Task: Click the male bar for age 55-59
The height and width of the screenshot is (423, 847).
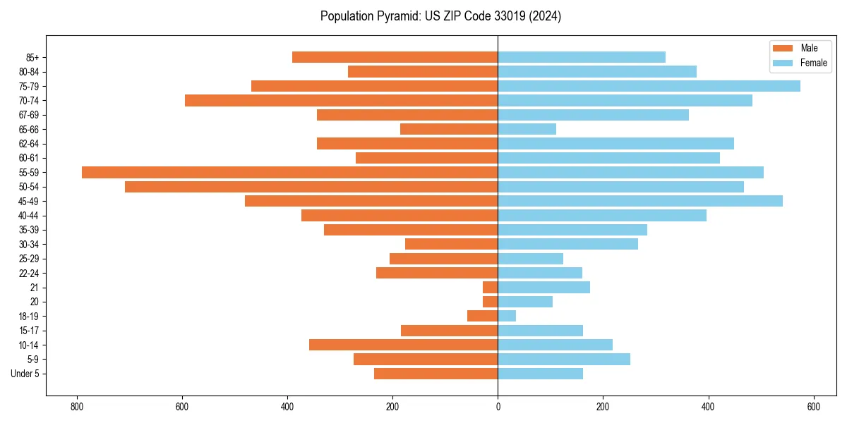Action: point(289,172)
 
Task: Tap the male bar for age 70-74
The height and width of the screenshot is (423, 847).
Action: point(341,100)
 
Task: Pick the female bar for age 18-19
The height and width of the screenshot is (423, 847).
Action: point(507,316)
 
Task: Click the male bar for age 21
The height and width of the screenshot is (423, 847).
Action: point(491,287)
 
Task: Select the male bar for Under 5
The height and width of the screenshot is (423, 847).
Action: point(435,374)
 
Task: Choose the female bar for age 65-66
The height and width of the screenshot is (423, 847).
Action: point(527,129)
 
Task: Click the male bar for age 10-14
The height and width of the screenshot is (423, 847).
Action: point(403,345)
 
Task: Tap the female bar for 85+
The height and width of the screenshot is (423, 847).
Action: point(582,57)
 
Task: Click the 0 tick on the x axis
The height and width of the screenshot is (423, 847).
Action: point(498,407)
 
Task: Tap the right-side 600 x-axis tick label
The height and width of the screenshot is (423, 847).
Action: point(813,407)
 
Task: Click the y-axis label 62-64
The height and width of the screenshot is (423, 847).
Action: point(29,144)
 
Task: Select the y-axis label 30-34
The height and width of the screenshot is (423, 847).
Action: point(29,245)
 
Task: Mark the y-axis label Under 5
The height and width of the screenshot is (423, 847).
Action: point(25,374)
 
